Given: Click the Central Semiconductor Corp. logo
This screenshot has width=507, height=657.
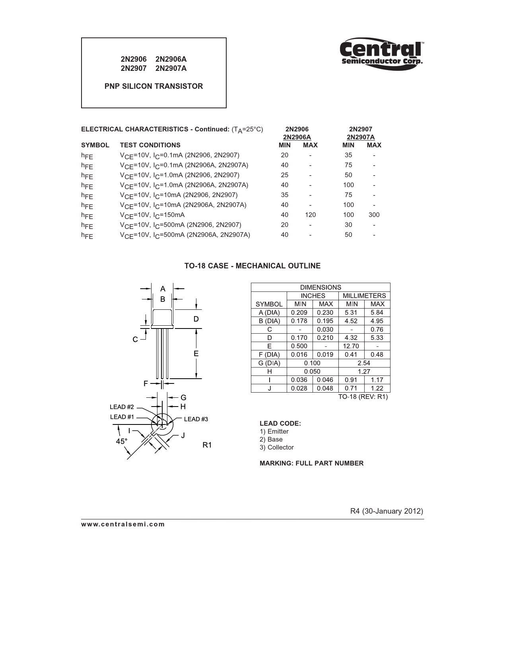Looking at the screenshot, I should coord(381,54).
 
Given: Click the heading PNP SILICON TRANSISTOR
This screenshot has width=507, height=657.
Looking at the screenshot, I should coord(153,86).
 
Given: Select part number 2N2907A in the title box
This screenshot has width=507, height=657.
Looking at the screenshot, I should coord(171,68).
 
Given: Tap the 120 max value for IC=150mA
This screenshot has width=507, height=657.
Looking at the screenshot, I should coord(310,215).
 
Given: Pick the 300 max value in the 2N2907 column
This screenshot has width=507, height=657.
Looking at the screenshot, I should coord(374,215).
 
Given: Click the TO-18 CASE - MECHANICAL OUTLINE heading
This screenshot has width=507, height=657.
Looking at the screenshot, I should coord(252,266).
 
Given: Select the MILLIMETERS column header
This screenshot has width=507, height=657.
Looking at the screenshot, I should coord(364,296).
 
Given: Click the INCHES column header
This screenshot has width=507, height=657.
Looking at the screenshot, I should coord(313,296).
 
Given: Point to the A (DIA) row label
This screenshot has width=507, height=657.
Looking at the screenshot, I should coord(269,313).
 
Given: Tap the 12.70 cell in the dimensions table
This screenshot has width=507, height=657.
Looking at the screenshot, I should coord(351,346).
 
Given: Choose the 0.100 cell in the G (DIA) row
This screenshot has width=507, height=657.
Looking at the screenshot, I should coord(312,363).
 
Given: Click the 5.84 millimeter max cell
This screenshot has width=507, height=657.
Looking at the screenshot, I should coord(377,313).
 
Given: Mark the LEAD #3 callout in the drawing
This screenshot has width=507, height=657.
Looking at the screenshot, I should coord(196,419).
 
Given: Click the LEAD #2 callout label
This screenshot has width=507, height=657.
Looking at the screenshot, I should coord(122,407).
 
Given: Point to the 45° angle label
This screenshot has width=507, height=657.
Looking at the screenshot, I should coord(122,442).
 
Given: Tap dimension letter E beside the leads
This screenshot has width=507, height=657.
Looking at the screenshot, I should coord(196,354).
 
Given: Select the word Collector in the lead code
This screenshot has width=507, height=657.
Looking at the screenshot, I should coord(280,448).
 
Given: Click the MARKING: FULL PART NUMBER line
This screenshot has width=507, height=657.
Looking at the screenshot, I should coord(311,463).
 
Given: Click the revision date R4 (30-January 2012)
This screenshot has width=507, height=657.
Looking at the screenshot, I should coord(387,511).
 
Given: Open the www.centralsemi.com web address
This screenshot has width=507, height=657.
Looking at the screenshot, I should coord(123,524).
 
